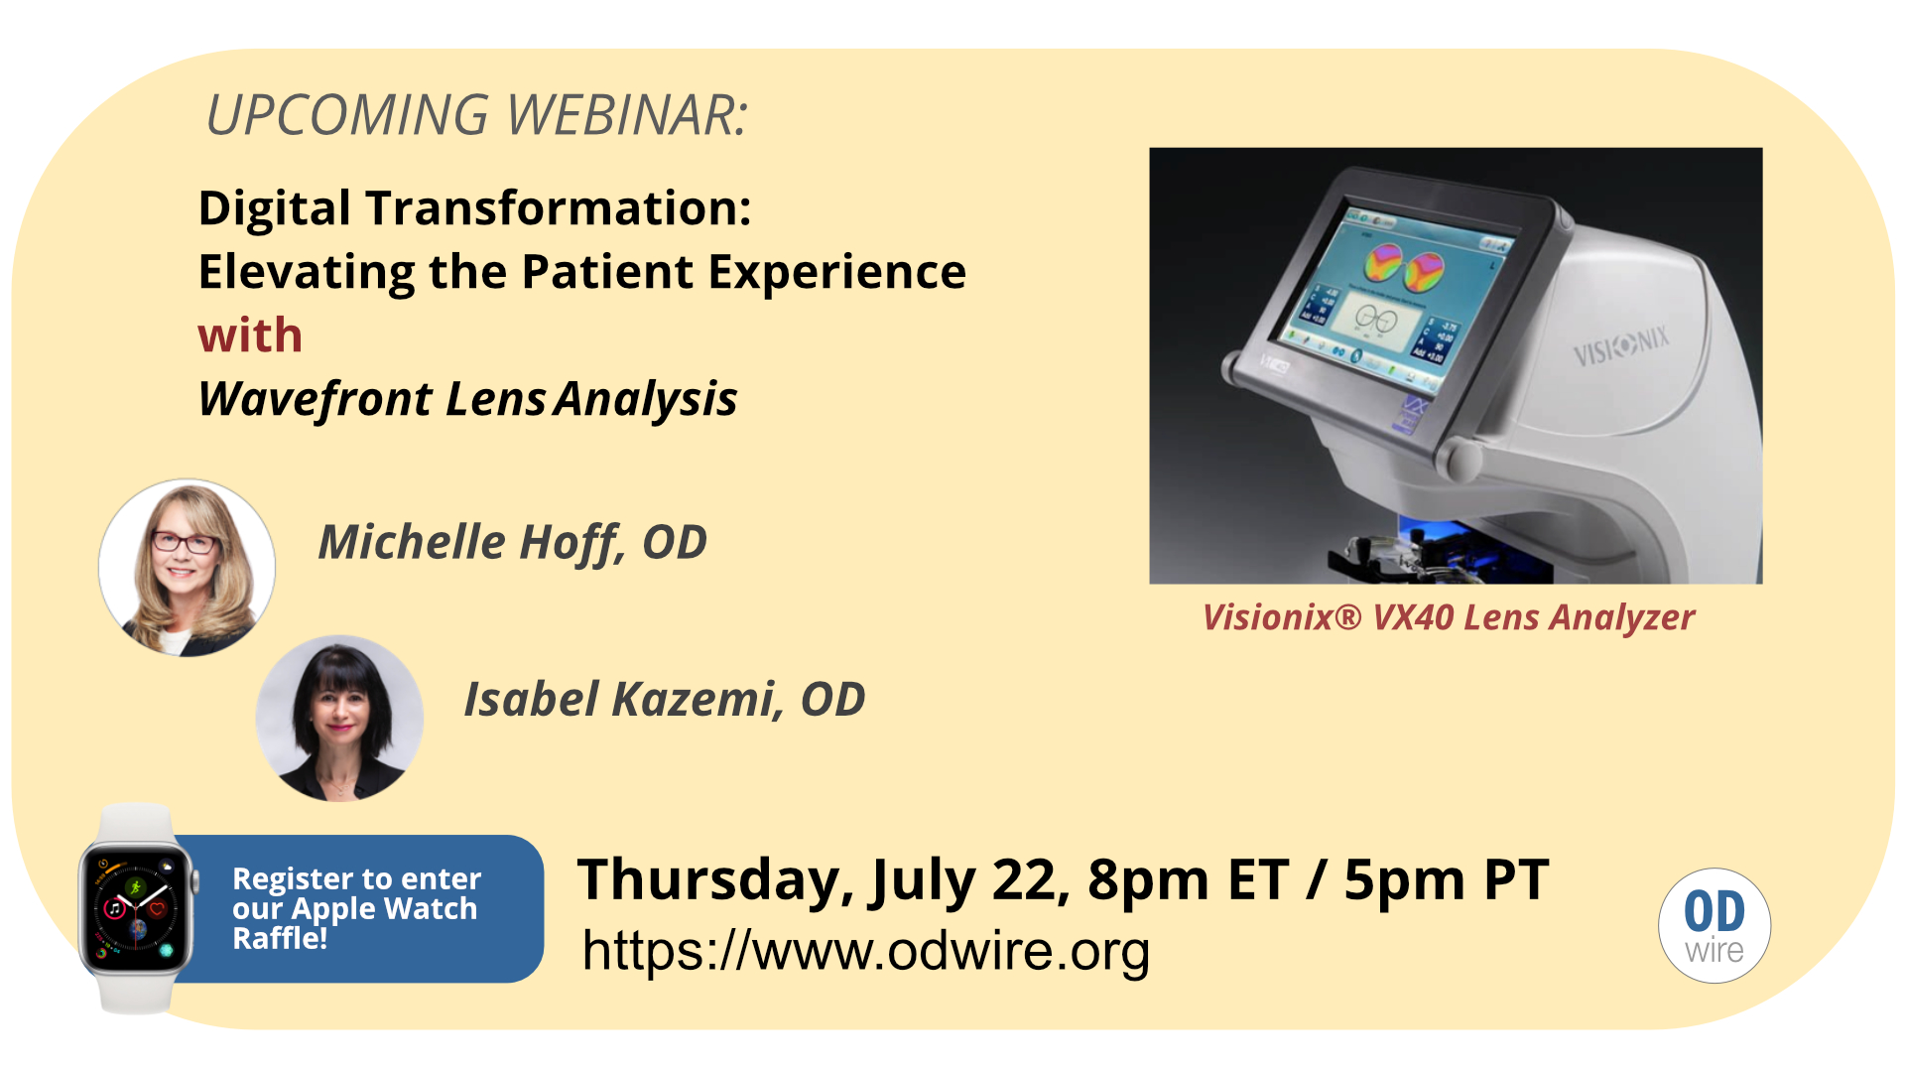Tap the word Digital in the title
coord(275,209)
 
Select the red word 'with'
coord(250,335)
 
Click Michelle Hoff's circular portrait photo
coord(187,568)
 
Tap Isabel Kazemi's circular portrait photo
coord(339,719)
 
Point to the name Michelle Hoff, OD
coord(512,543)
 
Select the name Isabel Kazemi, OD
coord(665,700)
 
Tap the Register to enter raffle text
coord(357,908)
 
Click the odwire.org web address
coord(866,951)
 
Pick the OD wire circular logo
coord(1714,926)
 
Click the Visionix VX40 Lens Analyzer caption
coord(1449,617)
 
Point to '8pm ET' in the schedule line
coord(1188,879)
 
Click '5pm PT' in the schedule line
coord(1446,879)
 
